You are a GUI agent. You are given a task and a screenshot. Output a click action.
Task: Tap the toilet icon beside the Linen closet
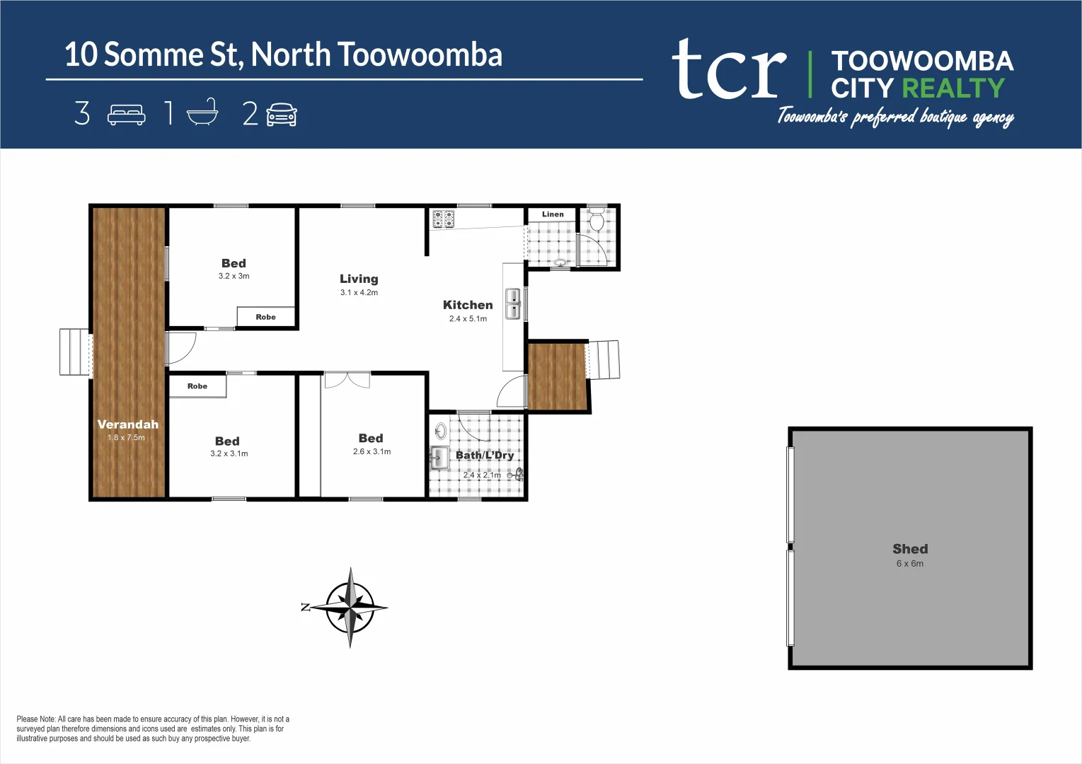pos(597,221)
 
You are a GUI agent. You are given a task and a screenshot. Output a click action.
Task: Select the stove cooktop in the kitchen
pos(443,219)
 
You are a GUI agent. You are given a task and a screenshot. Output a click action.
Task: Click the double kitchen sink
pos(513,303)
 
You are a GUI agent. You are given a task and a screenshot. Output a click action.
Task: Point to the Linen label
pos(553,214)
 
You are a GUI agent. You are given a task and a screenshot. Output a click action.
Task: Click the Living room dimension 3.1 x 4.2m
pos(359,293)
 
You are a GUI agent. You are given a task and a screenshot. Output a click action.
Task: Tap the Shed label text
pos(910,549)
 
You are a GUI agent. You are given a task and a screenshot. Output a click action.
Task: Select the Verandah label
pos(128,424)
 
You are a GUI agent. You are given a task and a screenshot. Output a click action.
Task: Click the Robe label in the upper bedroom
pos(265,317)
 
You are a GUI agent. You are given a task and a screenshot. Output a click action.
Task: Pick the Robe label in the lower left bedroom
pos(197,386)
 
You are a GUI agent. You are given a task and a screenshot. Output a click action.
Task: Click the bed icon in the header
pos(126,115)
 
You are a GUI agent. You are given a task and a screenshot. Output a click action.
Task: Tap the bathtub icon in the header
pos(202,113)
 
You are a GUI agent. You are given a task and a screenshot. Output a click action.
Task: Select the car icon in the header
pos(282,115)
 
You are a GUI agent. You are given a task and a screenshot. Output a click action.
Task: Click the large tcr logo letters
pos(729,71)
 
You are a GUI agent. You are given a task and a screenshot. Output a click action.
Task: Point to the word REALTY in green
pos(953,88)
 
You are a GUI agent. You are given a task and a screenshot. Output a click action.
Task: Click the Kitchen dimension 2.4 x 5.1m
pos(468,319)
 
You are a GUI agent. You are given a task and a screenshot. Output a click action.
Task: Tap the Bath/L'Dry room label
pos(485,455)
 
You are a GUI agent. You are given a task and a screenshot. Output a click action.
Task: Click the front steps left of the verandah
pos(74,352)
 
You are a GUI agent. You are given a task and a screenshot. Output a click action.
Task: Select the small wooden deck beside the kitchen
pos(558,376)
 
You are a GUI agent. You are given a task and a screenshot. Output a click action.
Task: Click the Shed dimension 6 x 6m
pos(909,564)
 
